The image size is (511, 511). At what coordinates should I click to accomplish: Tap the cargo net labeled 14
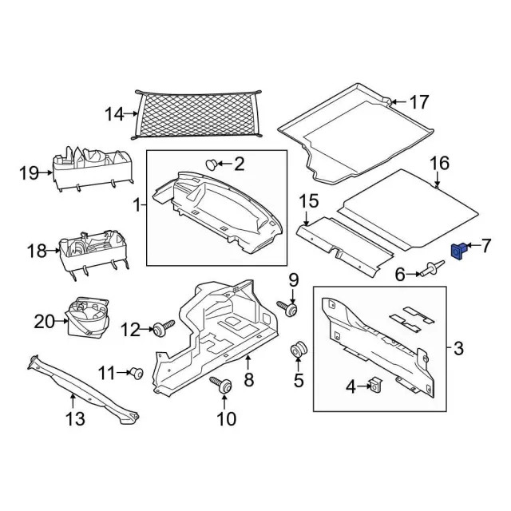point(200,117)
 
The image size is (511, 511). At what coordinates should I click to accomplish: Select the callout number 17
point(419,102)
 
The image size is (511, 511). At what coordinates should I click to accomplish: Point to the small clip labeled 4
point(374,387)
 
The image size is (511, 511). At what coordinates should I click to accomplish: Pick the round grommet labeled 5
point(299,351)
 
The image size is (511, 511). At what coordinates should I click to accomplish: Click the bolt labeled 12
point(165,327)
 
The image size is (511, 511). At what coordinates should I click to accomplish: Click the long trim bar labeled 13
point(80,386)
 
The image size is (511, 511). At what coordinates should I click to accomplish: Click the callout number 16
point(440,164)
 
